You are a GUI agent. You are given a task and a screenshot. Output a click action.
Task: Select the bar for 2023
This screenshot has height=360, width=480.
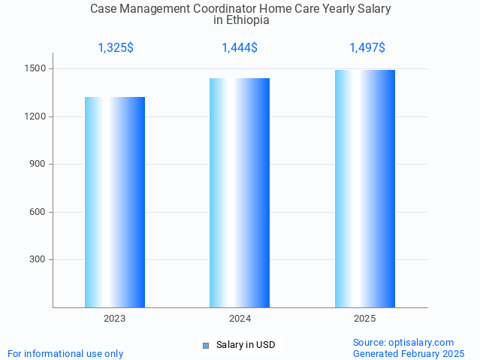pos(115,202)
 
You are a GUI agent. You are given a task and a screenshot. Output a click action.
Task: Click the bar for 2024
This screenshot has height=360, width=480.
pos(240,192)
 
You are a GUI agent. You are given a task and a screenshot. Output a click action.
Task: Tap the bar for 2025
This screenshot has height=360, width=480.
pos(365,189)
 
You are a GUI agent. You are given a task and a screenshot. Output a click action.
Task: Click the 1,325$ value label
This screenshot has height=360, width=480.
pos(116,48)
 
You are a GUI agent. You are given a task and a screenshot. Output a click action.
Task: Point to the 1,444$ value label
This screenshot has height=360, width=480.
pos(240,48)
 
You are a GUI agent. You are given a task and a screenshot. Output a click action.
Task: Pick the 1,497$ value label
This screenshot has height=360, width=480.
pos(367,48)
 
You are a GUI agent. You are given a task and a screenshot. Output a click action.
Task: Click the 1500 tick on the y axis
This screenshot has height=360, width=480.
pos(36,69)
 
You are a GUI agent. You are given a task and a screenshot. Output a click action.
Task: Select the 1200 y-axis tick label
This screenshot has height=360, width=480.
pos(36,116)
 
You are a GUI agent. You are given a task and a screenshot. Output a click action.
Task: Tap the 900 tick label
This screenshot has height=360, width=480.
pos(38,165)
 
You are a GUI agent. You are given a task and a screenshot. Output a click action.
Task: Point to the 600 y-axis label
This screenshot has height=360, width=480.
pos(38,212)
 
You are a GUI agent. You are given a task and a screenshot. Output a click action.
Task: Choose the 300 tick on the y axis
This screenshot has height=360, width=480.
pos(38,260)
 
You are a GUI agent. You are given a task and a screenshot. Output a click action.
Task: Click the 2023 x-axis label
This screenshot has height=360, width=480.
pos(115,319)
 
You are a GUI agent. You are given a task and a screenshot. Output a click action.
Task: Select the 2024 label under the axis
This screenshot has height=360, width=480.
pos(240,319)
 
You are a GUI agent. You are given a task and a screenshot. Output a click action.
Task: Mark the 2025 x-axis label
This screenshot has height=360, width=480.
pos(365,319)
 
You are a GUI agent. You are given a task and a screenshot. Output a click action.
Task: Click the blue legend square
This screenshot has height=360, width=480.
pos(205,346)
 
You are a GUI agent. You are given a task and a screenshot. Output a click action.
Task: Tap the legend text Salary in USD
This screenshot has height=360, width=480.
pos(246,346)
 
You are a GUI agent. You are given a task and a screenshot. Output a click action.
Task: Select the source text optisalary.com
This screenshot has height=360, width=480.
pos(421,343)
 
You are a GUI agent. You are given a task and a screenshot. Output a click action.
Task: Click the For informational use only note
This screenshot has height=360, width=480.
pos(65,354)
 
